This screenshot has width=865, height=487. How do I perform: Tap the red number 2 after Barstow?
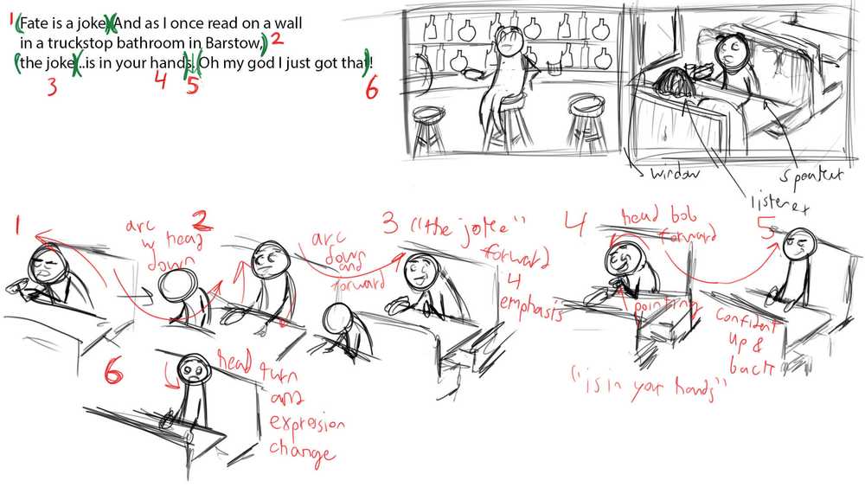276,39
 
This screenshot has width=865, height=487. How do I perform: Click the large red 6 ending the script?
372,87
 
